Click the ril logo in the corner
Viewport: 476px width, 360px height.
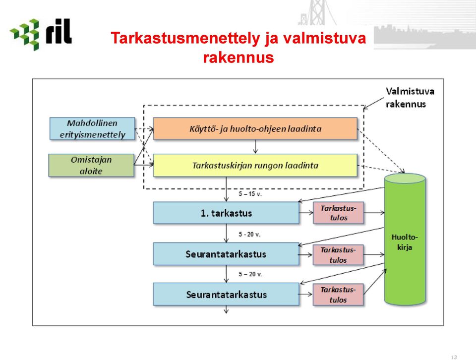pos(41,34)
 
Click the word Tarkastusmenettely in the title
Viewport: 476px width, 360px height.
pos(185,38)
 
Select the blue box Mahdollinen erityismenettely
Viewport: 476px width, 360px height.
pos(92,129)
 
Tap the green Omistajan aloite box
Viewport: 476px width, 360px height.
pos(91,165)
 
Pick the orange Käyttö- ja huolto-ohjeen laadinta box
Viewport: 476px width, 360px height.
pos(255,129)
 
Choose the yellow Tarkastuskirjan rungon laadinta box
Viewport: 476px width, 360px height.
pos(255,166)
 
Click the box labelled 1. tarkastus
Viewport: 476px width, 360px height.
pos(226,213)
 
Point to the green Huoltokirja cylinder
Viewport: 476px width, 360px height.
pos(405,239)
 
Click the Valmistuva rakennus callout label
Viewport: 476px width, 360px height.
pos(410,98)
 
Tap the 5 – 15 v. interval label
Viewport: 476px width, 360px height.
pos(250,194)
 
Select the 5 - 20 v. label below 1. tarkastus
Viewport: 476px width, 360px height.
pos(249,235)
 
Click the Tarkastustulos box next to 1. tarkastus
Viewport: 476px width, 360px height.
pos(339,213)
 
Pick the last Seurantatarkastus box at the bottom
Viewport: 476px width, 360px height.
pos(226,294)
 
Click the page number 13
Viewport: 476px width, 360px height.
pos(454,357)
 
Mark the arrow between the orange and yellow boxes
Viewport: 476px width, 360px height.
pos(255,147)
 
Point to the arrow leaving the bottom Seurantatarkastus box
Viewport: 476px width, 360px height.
pos(226,309)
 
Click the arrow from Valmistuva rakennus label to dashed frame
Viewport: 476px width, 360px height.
pos(374,103)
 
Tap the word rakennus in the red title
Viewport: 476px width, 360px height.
pos(238,58)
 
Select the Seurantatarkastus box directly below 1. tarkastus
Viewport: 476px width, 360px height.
pos(226,254)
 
